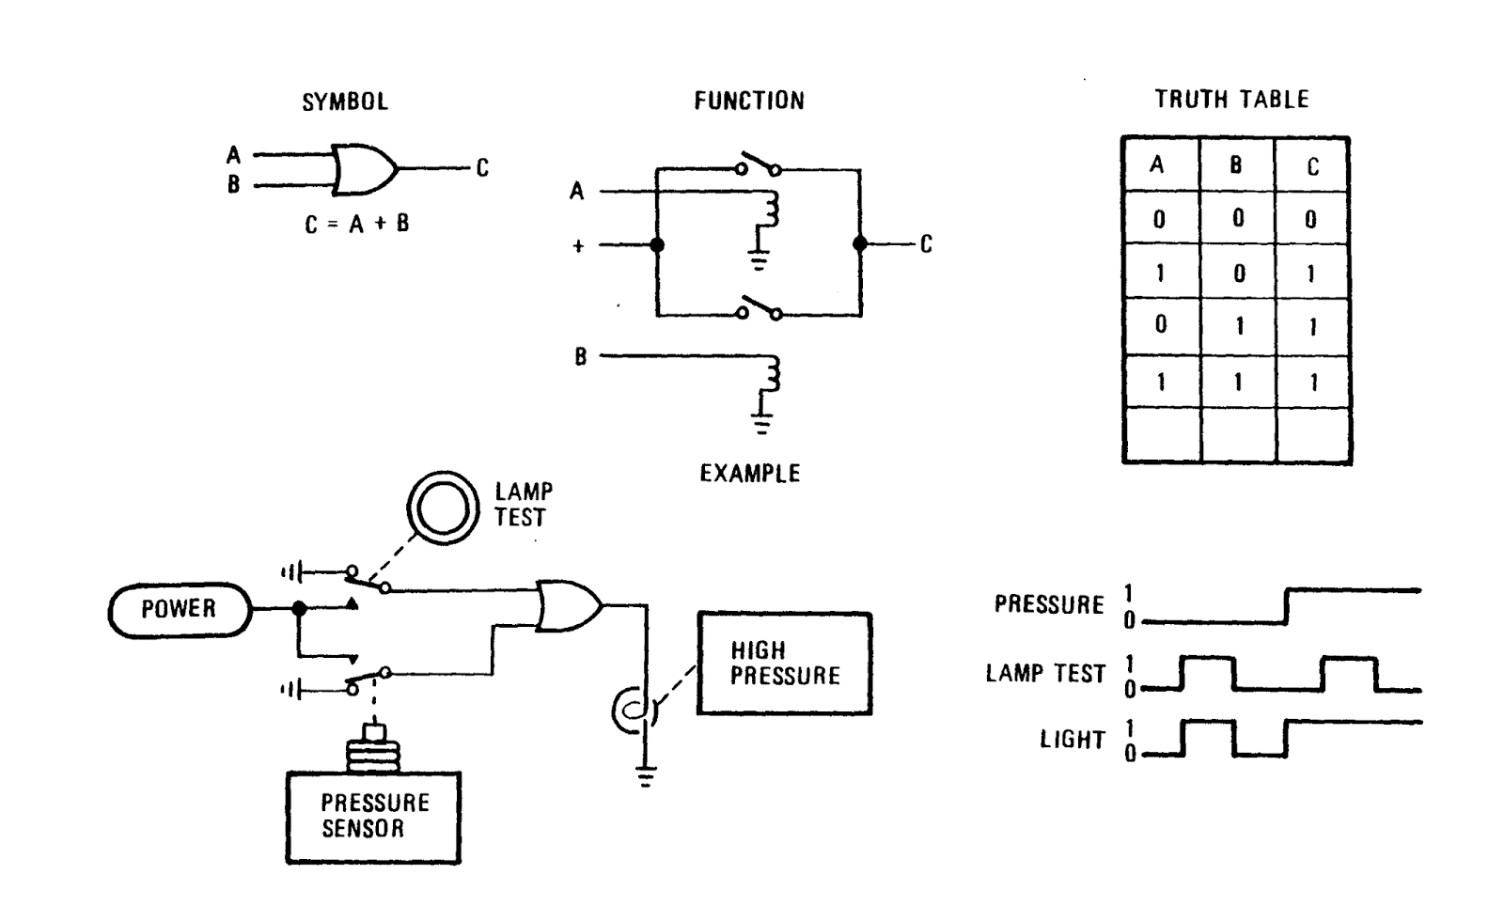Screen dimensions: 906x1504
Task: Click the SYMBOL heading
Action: pos(344,102)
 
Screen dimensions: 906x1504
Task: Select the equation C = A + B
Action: pos(357,224)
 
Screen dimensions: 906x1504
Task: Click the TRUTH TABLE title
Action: pos(1231,100)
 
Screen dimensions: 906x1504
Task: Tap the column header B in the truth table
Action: pos(1236,165)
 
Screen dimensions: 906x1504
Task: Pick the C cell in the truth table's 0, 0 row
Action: pos(1310,219)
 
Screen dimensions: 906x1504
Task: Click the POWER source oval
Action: pos(179,609)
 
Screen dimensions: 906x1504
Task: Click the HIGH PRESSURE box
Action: pos(784,664)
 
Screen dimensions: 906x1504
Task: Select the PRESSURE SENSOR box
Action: pos(373,816)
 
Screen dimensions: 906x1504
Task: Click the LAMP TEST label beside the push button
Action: pos(524,505)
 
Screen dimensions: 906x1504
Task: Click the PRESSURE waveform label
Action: pos(1049,604)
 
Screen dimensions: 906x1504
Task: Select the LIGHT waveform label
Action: pos(1072,740)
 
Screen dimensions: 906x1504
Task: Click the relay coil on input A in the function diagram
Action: pos(771,211)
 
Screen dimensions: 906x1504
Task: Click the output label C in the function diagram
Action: pos(926,244)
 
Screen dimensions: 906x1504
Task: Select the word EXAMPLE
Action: pos(749,473)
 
